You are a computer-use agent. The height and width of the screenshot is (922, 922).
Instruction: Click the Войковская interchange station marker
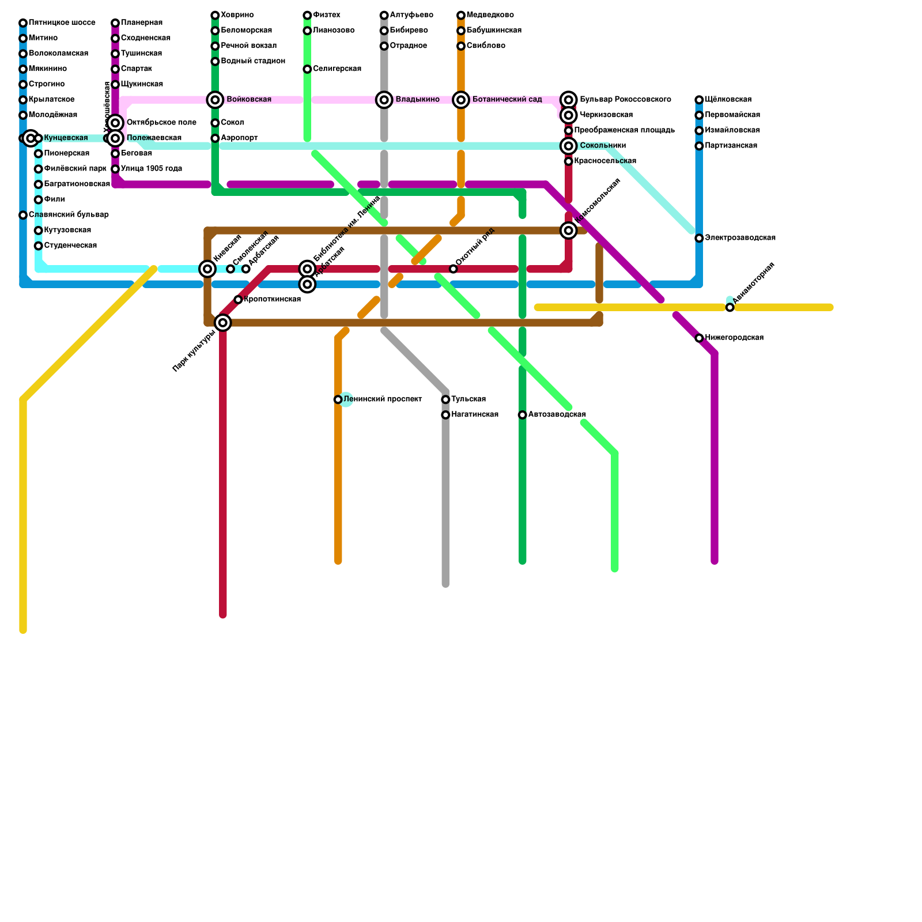coord(215,100)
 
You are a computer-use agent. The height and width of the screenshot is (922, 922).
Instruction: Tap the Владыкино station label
coord(417,100)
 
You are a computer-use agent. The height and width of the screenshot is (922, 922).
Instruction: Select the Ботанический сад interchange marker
coord(461,100)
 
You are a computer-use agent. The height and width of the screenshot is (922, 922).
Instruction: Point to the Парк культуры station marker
coord(223,323)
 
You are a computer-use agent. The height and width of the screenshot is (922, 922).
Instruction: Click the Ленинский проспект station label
coord(383,399)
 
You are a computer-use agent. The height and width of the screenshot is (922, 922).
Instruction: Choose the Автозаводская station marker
coord(522,415)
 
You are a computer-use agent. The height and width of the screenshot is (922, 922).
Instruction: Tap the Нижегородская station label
coord(734,338)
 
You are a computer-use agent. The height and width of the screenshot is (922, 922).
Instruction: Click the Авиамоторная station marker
coord(730,308)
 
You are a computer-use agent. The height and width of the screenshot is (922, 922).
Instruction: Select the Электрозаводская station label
coord(740,238)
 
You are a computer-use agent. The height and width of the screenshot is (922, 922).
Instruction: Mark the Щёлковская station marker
coord(699,100)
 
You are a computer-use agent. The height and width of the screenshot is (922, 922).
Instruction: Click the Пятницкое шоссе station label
coord(62,23)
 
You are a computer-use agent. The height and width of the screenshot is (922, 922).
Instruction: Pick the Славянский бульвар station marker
coord(23,215)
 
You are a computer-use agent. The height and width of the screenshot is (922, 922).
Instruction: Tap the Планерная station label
coord(141,23)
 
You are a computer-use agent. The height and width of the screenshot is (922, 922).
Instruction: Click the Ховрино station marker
coord(215,15)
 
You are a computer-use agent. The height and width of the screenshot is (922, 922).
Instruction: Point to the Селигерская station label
coord(337,69)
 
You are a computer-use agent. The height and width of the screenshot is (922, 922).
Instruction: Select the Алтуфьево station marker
coord(384,15)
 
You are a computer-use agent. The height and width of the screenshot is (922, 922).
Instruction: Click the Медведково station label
coord(490,15)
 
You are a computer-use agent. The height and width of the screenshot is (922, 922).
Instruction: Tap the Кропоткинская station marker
coord(238,300)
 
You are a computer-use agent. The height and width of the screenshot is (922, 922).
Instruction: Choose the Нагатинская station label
coord(474,415)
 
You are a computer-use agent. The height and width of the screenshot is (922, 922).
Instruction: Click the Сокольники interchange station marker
coord(569,146)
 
